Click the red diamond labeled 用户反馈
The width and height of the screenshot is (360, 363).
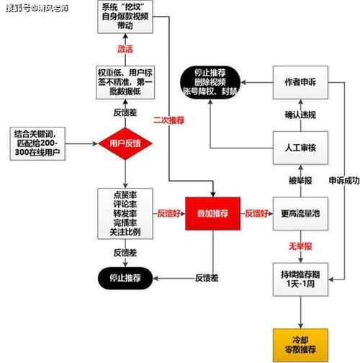(x=125, y=143)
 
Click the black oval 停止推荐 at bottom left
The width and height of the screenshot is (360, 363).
(x=125, y=277)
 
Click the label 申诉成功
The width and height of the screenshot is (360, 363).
(x=345, y=179)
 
